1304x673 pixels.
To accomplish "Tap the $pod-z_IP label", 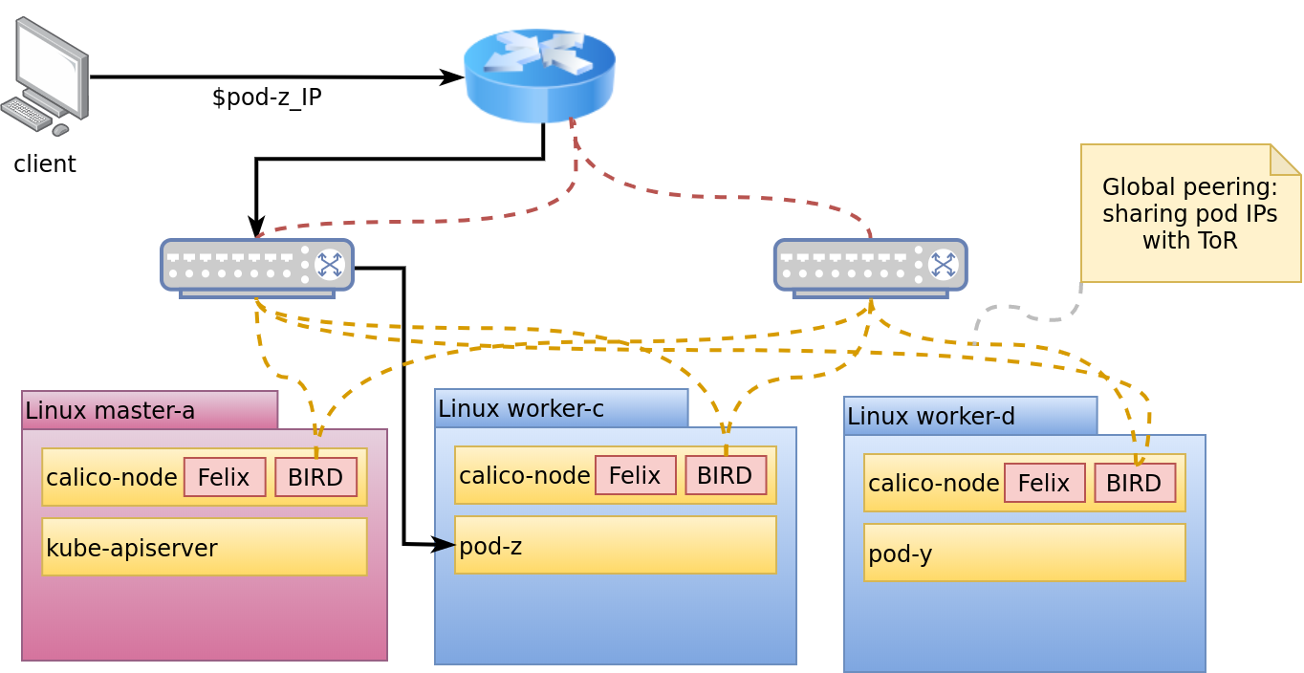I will (x=266, y=98).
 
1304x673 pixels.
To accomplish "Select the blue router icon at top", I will (x=539, y=76).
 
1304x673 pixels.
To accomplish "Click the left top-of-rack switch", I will (x=257, y=267).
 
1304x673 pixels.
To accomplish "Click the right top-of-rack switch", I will (x=870, y=267).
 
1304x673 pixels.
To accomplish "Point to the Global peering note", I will (x=1190, y=213).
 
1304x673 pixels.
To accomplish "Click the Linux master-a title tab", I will (x=150, y=410).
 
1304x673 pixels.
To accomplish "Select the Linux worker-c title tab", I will (x=561, y=408).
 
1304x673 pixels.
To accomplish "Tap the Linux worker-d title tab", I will (x=970, y=416).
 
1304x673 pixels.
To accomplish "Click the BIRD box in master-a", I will (x=315, y=477).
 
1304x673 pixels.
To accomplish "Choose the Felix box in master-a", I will (x=225, y=477).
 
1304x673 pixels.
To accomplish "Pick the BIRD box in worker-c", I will (x=726, y=475).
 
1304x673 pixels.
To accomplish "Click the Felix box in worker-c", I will (x=636, y=475).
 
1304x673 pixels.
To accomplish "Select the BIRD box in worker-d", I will (x=1135, y=483).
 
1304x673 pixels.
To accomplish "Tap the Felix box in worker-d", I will (x=1045, y=483).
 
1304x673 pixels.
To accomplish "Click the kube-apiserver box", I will (x=205, y=547).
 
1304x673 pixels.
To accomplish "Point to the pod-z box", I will (x=616, y=545).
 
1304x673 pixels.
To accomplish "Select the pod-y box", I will (x=1025, y=553).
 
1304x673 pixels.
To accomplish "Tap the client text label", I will (x=45, y=164).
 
